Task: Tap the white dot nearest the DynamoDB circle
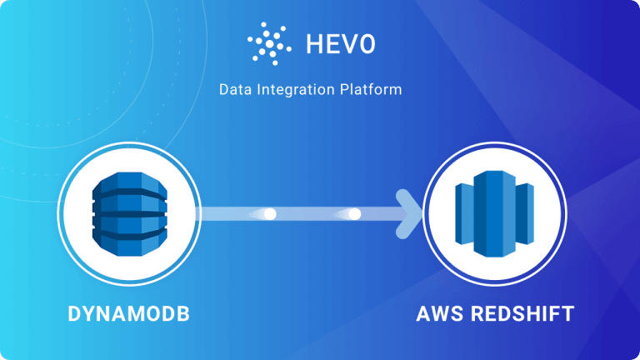(269, 214)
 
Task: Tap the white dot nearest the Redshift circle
(355, 214)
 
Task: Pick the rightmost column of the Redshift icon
(523, 214)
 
